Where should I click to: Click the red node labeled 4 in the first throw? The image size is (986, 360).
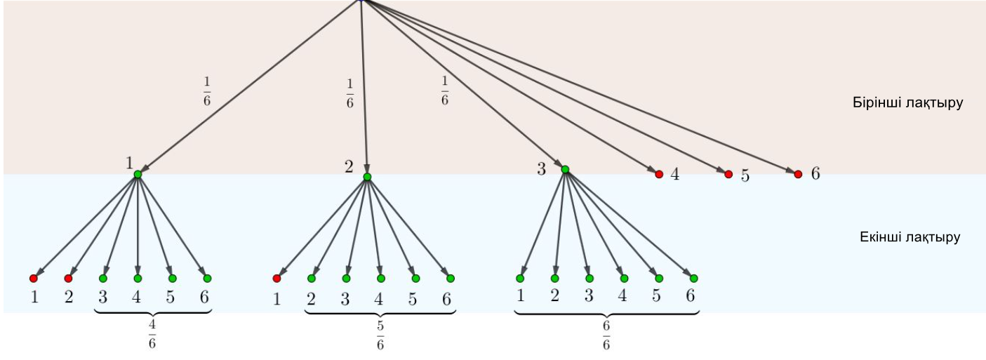(x=659, y=174)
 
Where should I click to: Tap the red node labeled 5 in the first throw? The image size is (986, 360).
(x=728, y=174)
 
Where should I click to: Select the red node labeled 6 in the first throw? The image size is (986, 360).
(x=798, y=174)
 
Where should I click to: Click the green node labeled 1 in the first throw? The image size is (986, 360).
(x=138, y=174)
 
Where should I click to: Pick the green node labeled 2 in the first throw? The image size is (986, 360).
(x=367, y=177)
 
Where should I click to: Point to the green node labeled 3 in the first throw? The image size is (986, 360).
(x=565, y=170)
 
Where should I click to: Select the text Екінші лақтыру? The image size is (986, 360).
(x=910, y=236)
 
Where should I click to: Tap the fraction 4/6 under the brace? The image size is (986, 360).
(x=152, y=334)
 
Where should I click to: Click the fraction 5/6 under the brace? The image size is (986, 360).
(x=380, y=335)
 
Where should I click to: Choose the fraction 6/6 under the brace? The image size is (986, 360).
(x=606, y=335)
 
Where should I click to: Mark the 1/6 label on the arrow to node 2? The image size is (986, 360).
(x=350, y=93)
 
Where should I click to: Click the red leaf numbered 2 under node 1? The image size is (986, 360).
(x=68, y=279)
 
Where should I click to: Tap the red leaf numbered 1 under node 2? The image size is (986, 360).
(x=277, y=279)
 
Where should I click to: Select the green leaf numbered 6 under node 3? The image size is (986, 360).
(x=693, y=279)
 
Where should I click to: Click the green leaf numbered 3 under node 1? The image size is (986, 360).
(x=103, y=279)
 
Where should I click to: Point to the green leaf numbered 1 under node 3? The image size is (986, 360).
(x=520, y=279)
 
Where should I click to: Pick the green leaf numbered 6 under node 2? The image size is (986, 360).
(x=451, y=279)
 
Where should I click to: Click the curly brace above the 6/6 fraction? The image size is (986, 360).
(x=606, y=312)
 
